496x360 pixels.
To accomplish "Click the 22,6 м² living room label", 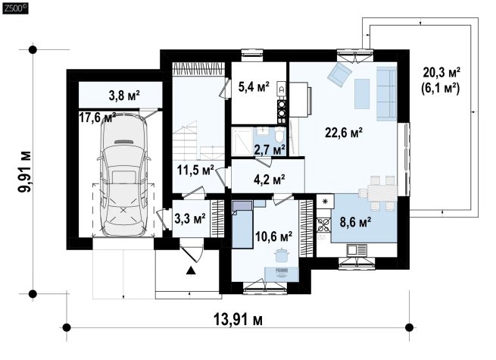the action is tap(344, 133).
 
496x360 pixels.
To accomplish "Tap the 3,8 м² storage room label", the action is tap(124, 95).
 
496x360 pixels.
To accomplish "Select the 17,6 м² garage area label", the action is tap(97, 117).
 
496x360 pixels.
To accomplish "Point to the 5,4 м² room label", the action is tap(254, 86).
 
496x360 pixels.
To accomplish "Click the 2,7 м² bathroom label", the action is tap(270, 149).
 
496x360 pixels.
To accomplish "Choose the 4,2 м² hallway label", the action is tap(269, 180).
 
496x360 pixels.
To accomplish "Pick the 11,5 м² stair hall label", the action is tap(195, 171).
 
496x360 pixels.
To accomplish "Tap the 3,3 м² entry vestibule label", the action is tap(190, 218).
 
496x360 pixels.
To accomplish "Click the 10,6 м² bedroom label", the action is tap(273, 236).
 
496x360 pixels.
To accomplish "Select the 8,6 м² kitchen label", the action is tap(356, 222).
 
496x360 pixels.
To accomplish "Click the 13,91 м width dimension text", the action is tap(239, 320).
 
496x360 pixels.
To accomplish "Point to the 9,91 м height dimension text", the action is tap(24, 171).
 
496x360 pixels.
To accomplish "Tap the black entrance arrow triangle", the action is tap(190, 271).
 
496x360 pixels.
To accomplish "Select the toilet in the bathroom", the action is tap(279, 135).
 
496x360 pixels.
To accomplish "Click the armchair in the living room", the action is tap(339, 74).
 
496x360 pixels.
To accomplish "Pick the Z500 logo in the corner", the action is tap(15, 9).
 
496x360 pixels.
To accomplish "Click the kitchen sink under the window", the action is tap(357, 250).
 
